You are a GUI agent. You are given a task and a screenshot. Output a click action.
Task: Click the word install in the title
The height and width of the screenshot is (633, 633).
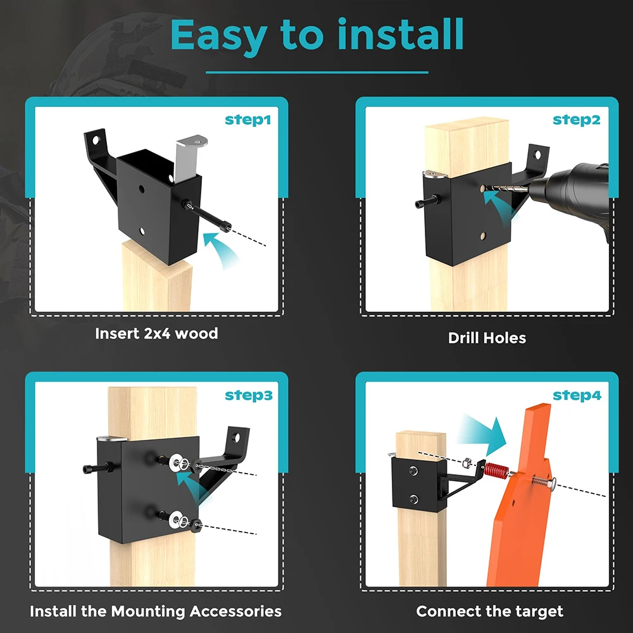pos(400,34)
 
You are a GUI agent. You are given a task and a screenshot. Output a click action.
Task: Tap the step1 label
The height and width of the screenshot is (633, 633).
pos(248,120)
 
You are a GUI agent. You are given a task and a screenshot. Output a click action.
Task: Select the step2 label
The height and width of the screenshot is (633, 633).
pos(577,120)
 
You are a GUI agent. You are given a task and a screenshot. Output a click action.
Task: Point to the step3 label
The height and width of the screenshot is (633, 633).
pos(249,395)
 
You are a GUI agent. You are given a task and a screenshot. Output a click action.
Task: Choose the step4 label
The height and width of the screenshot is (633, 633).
pos(577,395)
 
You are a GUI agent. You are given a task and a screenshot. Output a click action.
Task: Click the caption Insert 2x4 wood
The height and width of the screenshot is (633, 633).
pos(156,334)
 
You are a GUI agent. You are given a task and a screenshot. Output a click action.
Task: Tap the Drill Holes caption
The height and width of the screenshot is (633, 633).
pos(487,338)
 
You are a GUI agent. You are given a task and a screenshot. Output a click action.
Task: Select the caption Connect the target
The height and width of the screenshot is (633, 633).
pos(490,611)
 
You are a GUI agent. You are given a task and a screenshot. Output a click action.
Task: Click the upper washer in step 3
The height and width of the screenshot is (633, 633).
pos(175,461)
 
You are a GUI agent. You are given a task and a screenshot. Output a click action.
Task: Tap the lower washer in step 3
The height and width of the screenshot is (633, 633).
pos(175,519)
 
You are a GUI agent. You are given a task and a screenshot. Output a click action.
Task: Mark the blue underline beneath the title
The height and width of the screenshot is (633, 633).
pos(317,73)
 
